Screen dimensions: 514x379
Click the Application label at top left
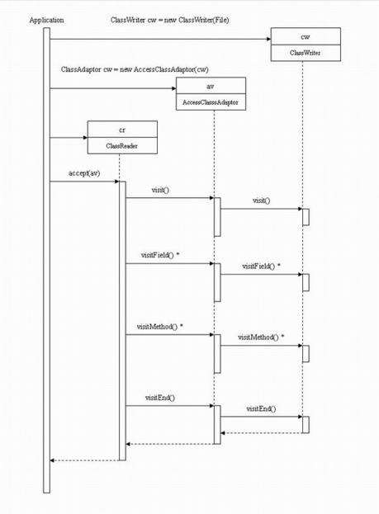click(x=46, y=19)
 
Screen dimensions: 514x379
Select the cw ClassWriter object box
click(x=305, y=45)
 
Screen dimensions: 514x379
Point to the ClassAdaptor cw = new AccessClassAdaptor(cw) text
click(x=134, y=69)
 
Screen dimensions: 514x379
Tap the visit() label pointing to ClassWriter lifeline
click(x=261, y=200)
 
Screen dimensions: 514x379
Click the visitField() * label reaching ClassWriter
click(x=261, y=266)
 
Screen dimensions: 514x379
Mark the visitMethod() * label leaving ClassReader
click(x=159, y=327)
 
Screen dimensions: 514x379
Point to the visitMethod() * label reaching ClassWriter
click(x=260, y=337)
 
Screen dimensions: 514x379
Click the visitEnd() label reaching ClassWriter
click(x=261, y=408)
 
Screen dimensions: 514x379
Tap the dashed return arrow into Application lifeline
click(x=83, y=460)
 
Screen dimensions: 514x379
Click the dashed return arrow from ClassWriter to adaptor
click(x=261, y=431)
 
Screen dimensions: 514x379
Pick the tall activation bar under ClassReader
click(x=122, y=322)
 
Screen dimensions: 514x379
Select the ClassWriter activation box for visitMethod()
click(x=306, y=354)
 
